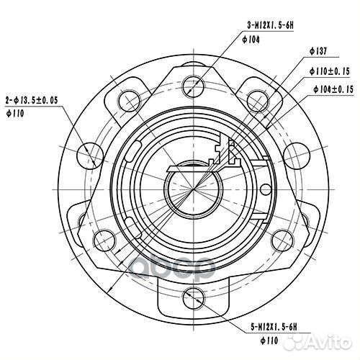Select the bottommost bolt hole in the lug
pos(192,295)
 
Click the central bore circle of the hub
pos(192,189)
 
